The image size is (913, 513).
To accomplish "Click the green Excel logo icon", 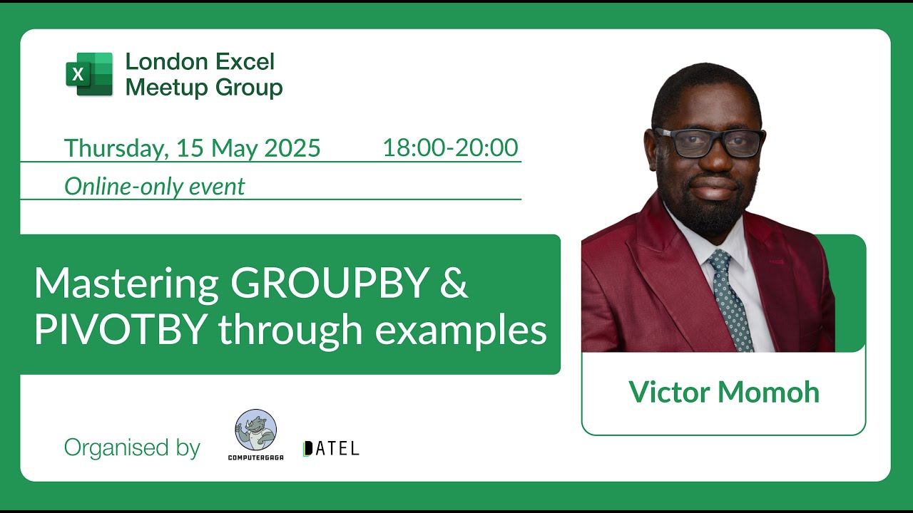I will (89, 73).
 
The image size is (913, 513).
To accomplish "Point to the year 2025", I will (292, 148).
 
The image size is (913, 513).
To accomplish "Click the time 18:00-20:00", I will (450, 147).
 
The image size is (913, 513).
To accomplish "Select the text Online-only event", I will (154, 187).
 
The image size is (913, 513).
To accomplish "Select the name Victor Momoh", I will (723, 392).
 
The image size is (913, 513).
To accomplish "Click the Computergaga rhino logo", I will (255, 433).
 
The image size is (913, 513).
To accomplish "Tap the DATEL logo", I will (331, 448).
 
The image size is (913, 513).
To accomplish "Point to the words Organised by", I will (132, 448).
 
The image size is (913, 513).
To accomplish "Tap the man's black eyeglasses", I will (710, 142).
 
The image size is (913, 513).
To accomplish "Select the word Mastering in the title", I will (126, 283).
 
